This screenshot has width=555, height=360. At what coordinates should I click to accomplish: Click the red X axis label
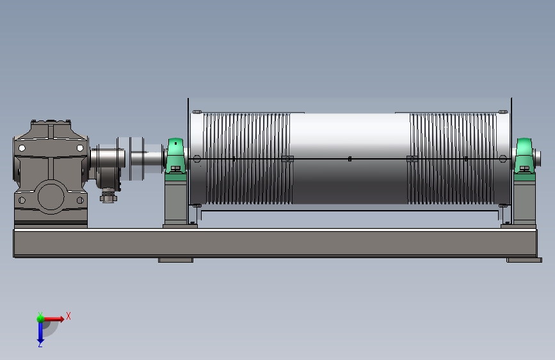[68, 316]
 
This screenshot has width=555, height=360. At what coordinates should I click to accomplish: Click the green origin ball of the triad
[40, 318]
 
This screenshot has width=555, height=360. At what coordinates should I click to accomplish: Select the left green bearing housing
[175, 156]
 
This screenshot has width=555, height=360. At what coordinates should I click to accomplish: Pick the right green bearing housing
[524, 156]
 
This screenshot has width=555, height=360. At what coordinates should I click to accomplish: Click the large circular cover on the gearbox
[51, 197]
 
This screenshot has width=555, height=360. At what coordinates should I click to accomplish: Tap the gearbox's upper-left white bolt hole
[22, 148]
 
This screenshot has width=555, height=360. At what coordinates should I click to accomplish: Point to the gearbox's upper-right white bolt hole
[80, 148]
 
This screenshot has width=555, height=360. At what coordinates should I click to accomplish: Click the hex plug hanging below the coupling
[108, 196]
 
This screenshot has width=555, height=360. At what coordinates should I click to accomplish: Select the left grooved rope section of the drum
[248, 159]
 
